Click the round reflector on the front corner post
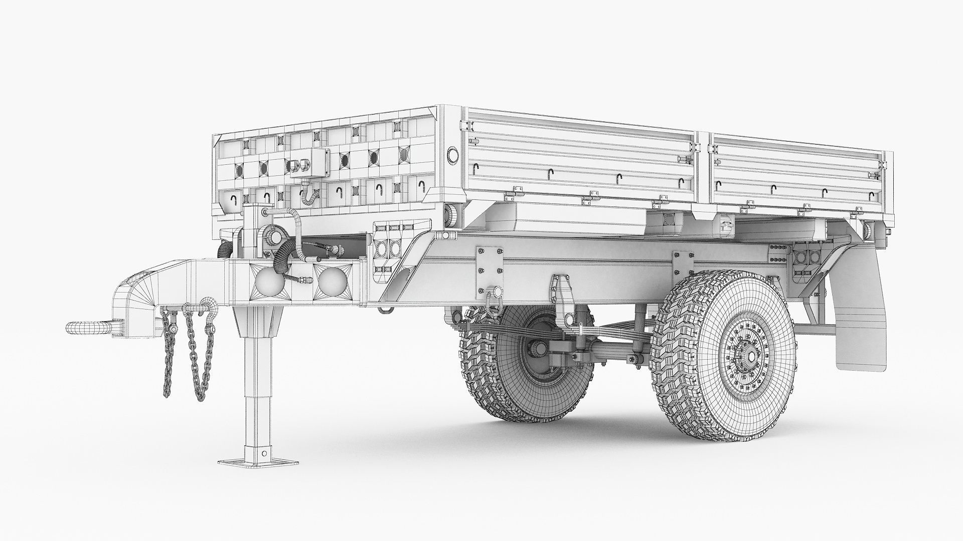[452, 155]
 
